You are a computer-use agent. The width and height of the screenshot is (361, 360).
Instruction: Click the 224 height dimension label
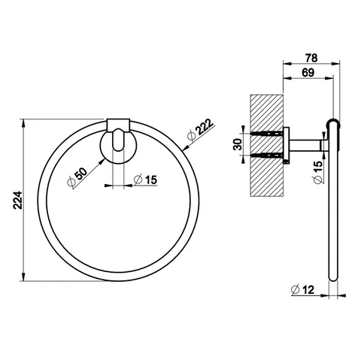pyautogui.click(x=18, y=200)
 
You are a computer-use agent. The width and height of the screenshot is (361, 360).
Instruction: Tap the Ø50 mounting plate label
pyautogui.click(x=77, y=177)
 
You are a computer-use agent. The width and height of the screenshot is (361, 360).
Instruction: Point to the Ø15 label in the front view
pyautogui.click(x=145, y=180)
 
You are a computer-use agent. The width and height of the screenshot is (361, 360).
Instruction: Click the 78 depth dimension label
pyautogui.click(x=311, y=58)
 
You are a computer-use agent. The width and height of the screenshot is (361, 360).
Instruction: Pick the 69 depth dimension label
pyautogui.click(x=308, y=73)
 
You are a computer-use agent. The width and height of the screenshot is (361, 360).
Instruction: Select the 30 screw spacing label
pyautogui.click(x=238, y=144)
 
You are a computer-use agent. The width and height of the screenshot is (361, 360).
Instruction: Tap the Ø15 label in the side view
pyautogui.click(x=317, y=172)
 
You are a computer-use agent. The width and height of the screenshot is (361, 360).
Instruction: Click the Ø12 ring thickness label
pyautogui.click(x=302, y=289)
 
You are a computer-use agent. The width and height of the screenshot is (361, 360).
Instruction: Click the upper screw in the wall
pyautogui.click(x=267, y=134)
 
